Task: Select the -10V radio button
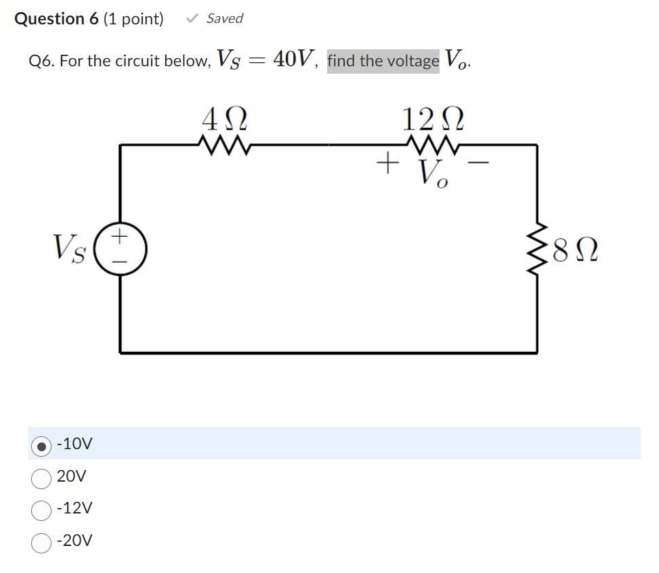[x=42, y=444]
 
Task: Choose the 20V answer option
[x=42, y=477]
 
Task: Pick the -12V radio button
[x=42, y=509]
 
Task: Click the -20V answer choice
[x=42, y=541]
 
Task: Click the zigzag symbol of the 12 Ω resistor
[x=433, y=143]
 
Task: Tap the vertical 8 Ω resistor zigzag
[x=540, y=256]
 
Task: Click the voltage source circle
[x=121, y=245]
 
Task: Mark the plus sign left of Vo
[x=386, y=163]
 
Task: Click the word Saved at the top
[x=224, y=19]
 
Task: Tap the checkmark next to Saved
[x=192, y=19]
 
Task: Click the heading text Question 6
[x=57, y=19]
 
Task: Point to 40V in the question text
[x=293, y=60]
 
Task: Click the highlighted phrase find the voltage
[x=383, y=61]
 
